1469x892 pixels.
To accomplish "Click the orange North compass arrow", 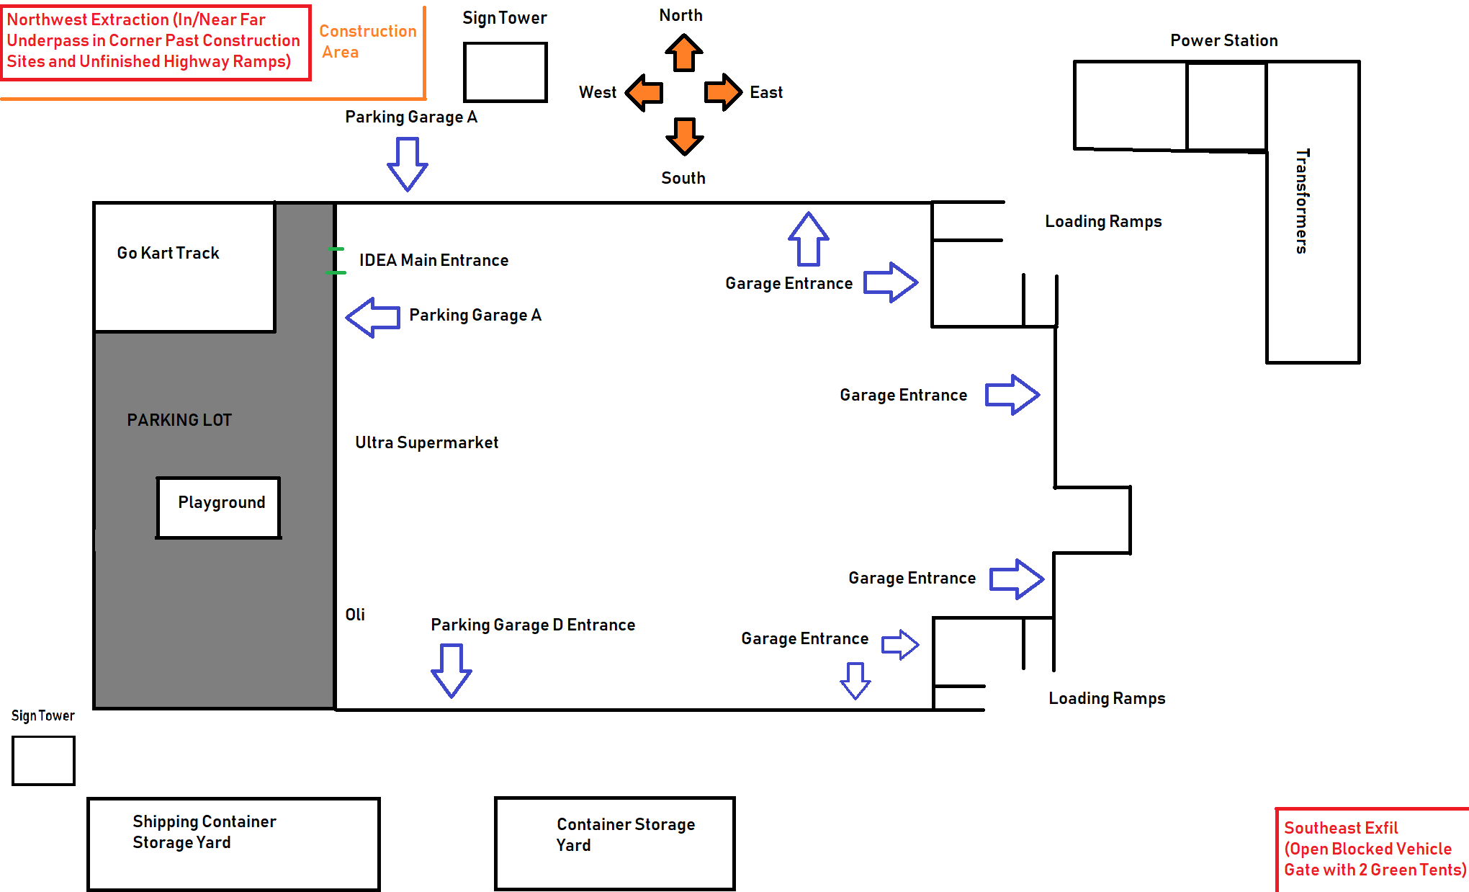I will [x=683, y=53].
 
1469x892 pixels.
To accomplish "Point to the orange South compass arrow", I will [x=684, y=136].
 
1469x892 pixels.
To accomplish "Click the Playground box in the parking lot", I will [x=219, y=507].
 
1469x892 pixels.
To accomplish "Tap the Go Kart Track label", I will [x=168, y=253].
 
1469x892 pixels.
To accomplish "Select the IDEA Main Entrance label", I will [x=433, y=260].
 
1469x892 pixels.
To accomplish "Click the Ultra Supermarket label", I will [x=426, y=442].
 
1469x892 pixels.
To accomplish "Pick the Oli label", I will [x=355, y=615].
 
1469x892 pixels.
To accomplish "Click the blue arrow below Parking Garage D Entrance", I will [x=452, y=670].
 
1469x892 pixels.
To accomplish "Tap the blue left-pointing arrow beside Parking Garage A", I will [x=372, y=317].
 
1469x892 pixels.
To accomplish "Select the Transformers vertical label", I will [x=1302, y=201].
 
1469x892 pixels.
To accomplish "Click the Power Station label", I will [x=1223, y=40].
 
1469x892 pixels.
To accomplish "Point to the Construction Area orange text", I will [x=367, y=42].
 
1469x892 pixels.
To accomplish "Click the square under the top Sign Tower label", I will [x=505, y=72].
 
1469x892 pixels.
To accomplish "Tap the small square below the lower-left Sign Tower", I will [x=43, y=760].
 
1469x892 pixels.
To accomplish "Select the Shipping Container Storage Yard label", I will [x=204, y=832].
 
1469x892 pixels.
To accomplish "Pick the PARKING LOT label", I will [x=179, y=420].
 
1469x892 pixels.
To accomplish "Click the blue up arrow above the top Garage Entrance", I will [x=809, y=238].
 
